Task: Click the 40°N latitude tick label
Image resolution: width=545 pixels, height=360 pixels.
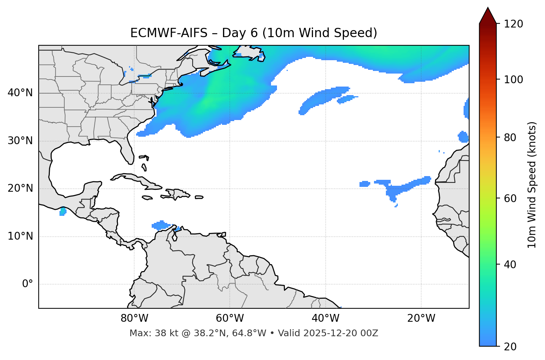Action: (20, 93)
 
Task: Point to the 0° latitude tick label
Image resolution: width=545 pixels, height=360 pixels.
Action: (28, 284)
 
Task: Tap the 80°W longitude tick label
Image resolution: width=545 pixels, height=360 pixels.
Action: (134, 318)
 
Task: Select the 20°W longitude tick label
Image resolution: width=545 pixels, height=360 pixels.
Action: (421, 318)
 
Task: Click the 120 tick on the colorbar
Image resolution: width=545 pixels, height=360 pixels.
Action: (514, 24)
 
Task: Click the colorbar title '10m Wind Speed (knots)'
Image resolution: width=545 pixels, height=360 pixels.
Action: (532, 185)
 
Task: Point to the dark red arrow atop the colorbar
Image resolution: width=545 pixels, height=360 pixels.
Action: (488, 16)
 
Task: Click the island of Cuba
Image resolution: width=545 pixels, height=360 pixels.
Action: (136, 179)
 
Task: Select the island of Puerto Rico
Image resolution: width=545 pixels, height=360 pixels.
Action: (199, 197)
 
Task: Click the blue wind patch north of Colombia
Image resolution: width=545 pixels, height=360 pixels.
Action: (161, 225)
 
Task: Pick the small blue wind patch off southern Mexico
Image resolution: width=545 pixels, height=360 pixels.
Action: (62, 212)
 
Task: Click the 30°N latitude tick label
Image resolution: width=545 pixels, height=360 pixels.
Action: (20, 141)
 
